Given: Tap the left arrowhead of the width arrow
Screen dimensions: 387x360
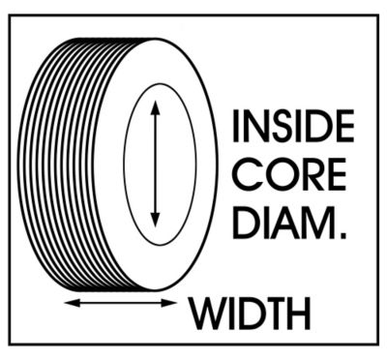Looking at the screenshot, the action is point(69,304).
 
